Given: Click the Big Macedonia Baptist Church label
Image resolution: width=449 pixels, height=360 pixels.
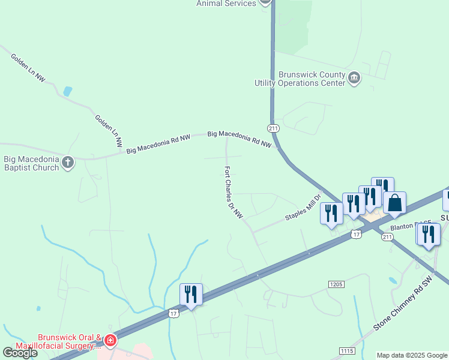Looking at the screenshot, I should point(31,163).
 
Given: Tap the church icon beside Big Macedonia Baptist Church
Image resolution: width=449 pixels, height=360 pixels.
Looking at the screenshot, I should point(68,162).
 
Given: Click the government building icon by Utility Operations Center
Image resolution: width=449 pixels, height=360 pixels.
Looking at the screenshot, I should point(354,77).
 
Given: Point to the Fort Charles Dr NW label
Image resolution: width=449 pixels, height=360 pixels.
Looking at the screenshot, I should point(234,192).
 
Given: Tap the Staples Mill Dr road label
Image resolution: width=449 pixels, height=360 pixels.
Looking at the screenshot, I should point(304,207).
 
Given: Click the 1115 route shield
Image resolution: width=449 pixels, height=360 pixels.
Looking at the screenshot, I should point(347,350).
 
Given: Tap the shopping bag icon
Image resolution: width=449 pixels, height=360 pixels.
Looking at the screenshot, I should point(395,204).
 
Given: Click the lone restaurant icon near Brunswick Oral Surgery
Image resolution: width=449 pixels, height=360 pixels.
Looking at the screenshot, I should point(191,294).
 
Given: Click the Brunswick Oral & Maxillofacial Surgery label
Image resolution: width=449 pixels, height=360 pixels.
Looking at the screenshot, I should point(67,341).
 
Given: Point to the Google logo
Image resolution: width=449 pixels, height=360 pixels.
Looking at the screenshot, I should point(20,353).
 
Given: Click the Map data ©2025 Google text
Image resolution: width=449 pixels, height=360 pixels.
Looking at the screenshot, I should point(411,355).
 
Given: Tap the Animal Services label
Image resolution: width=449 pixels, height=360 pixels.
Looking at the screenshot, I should point(226,3).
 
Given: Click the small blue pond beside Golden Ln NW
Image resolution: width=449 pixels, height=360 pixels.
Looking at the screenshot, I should point(67,92).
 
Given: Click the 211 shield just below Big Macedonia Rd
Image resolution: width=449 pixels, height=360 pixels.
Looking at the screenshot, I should point(273,128).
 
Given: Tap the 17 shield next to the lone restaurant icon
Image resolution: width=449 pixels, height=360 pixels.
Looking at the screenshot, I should point(173,313).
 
